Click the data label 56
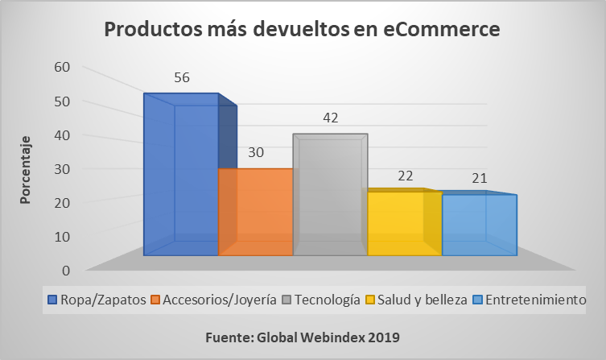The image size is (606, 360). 182,78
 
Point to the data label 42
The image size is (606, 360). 331,118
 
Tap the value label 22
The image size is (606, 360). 405,175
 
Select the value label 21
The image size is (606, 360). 480,178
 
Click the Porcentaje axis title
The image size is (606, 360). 27,169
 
